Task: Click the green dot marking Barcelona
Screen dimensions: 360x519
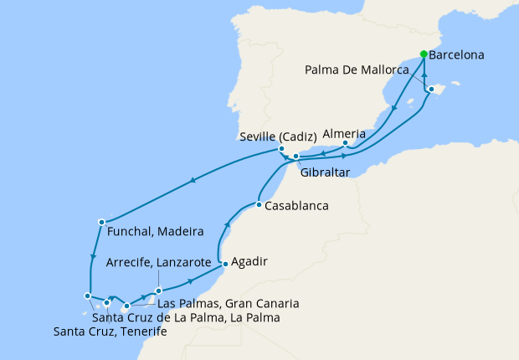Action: click(424, 54)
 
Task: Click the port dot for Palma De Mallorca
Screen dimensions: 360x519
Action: click(431, 89)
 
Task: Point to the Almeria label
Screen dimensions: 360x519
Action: click(344, 133)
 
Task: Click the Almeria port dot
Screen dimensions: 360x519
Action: click(346, 144)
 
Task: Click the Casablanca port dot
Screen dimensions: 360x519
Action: click(259, 205)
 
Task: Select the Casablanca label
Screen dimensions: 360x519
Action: click(296, 206)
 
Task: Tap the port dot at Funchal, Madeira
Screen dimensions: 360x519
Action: click(101, 222)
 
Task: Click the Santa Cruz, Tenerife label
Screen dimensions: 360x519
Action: click(110, 332)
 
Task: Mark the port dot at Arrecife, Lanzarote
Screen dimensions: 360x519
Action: click(157, 291)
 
